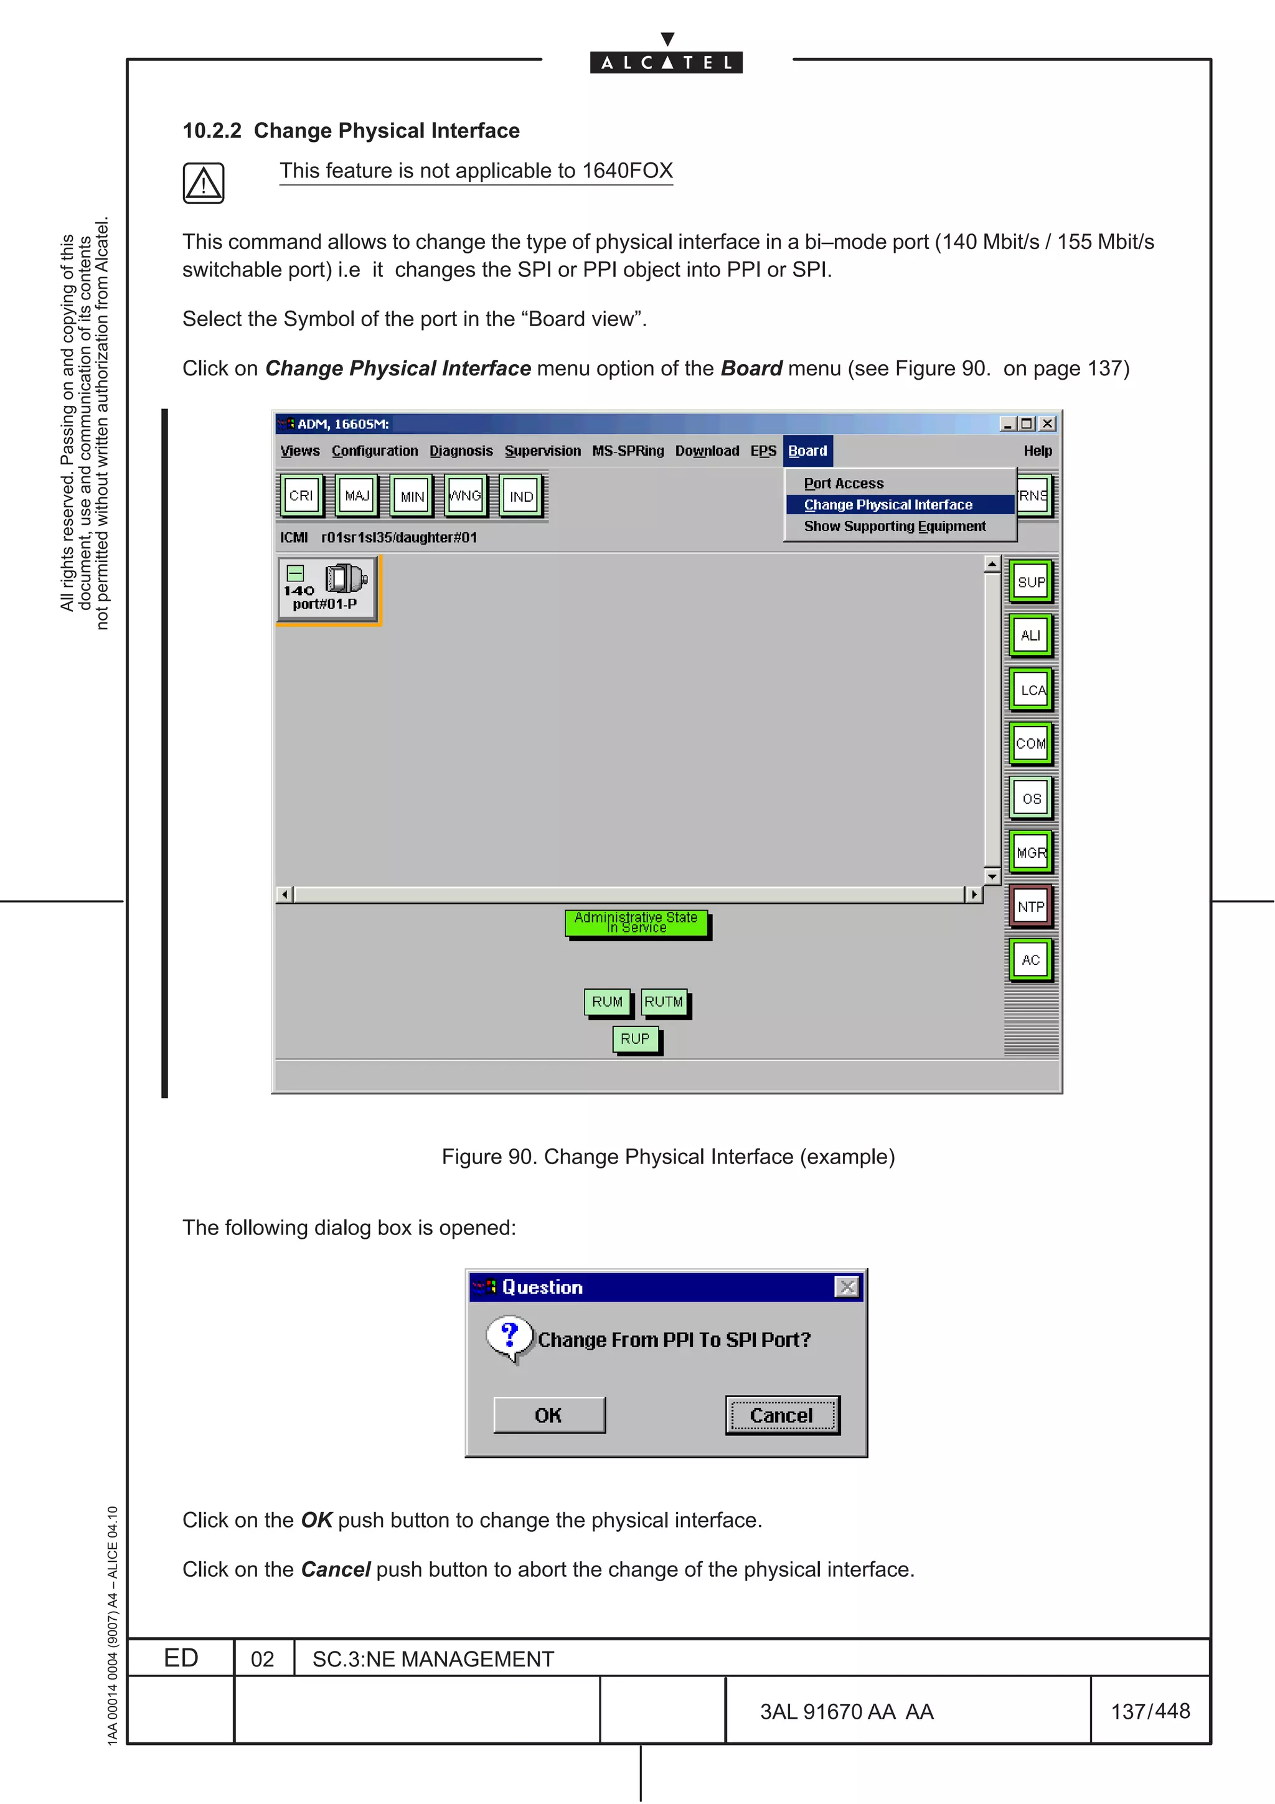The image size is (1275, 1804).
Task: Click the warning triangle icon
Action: [204, 183]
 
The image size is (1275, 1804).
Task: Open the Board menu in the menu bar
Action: [807, 451]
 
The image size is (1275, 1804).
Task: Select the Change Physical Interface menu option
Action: [888, 504]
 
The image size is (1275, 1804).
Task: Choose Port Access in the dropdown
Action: [844, 483]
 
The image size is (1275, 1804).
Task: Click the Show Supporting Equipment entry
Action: [894, 527]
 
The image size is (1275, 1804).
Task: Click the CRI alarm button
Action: [301, 496]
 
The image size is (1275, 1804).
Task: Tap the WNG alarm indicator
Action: [465, 496]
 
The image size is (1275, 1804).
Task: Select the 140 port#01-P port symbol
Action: [327, 588]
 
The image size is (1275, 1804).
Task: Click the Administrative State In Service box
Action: [636, 923]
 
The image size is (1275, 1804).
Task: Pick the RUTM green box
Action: [664, 1002]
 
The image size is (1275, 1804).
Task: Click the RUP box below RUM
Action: [635, 1039]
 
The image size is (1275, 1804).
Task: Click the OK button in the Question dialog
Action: [548, 1415]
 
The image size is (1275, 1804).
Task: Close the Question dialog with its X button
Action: [847, 1287]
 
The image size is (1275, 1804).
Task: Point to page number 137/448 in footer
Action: [1150, 1711]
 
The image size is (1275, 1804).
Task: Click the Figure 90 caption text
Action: [668, 1157]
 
